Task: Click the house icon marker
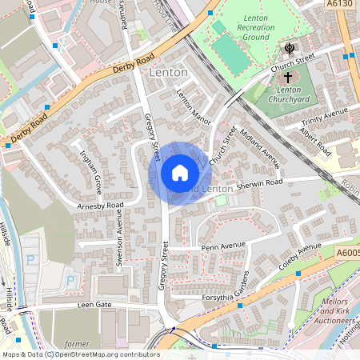point(180,172)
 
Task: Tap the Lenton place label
point(169,73)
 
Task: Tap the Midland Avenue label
point(256,146)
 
